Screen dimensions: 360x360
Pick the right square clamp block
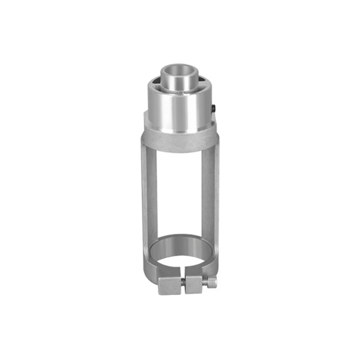(195, 284)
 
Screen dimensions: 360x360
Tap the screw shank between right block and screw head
(206, 282)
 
